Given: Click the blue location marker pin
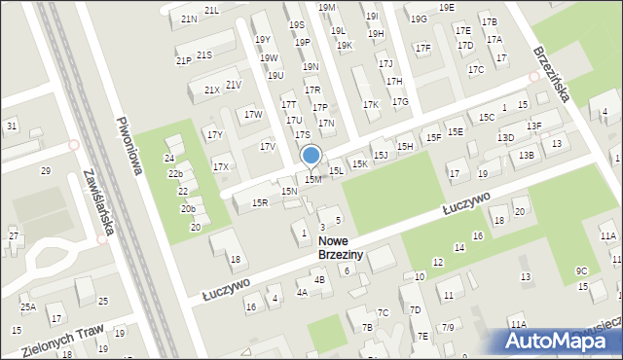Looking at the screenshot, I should pos(311,156).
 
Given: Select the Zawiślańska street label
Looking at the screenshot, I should pos(101,200).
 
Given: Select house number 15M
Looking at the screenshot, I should pos(312,179).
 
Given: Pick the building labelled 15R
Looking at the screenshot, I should pos(260,202).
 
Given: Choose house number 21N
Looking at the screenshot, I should pos(189,18).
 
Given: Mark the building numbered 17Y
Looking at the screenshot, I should pos(215,134).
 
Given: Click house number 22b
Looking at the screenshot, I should pos(175,174).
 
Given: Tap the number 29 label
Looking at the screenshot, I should pos(45,171).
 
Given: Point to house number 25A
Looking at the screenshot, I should pos(28,307).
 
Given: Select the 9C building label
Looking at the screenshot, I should pos(581,270).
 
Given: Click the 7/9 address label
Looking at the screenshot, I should pos(447,327).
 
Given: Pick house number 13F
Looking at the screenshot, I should pos(533,126).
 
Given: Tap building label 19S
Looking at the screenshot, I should pos(296,25).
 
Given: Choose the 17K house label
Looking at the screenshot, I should pos(370,104).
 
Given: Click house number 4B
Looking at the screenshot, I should pos(319,279).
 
